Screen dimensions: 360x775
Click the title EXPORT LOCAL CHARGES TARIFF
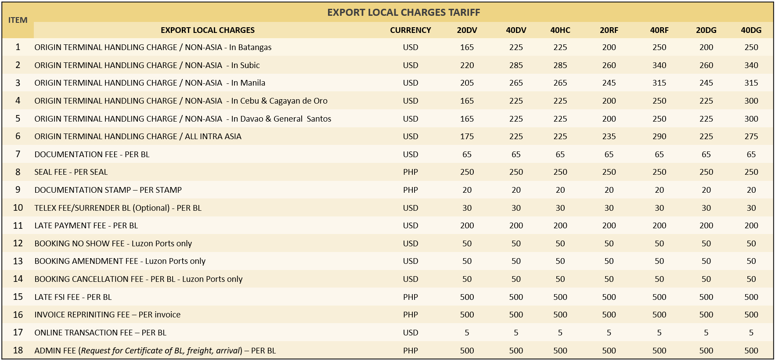[404, 12]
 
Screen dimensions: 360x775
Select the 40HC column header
[560, 30]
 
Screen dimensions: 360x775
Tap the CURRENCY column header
[410, 30]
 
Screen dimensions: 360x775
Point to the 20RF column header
[609, 30]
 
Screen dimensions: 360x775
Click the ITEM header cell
[18, 20]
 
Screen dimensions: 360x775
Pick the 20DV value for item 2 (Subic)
[467, 65]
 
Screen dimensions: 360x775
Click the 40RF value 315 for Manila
[659, 83]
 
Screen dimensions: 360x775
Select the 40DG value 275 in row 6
[751, 137]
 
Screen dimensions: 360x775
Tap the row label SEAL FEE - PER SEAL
[71, 172]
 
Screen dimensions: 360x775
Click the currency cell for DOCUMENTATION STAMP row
[410, 190]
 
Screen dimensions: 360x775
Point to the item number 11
[18, 226]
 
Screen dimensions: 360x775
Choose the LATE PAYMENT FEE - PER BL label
[86, 226]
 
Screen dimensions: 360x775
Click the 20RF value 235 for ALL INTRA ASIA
[609, 137]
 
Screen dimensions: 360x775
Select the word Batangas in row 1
[255, 47]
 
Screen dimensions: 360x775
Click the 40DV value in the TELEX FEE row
[516, 208]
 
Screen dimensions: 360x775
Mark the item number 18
[18, 350]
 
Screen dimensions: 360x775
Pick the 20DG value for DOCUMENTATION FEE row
[706, 155]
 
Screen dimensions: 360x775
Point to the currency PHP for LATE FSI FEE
[410, 297]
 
